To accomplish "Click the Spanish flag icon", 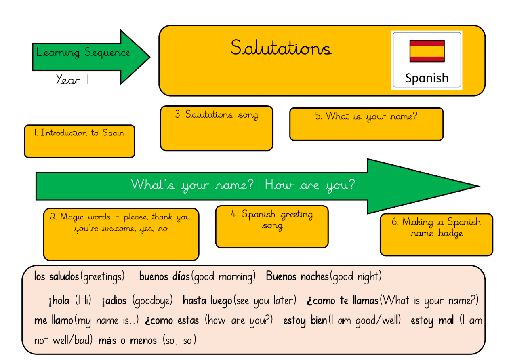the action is pyautogui.click(x=427, y=51).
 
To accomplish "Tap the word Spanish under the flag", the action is pyautogui.click(x=427, y=78).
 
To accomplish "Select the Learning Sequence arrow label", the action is pyautogui.click(x=83, y=53).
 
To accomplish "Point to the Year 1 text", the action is pyautogui.click(x=72, y=80).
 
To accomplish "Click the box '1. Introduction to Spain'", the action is pyautogui.click(x=80, y=141).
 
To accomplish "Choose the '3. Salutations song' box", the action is pyautogui.click(x=217, y=128).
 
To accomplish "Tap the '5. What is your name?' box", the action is pyautogui.click(x=366, y=124).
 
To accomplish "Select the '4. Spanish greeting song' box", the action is pyautogui.click(x=272, y=227).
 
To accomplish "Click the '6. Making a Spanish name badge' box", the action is pyautogui.click(x=436, y=234).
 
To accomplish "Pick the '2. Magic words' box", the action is pyautogui.click(x=121, y=234).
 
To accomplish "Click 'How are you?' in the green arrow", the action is pyautogui.click(x=310, y=185).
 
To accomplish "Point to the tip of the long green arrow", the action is pyautogui.click(x=480, y=186).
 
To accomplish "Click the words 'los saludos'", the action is pyautogui.click(x=57, y=277).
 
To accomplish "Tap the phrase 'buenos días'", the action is pyautogui.click(x=164, y=277).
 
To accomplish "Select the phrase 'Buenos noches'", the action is pyautogui.click(x=297, y=277).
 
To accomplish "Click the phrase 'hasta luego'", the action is pyautogui.click(x=208, y=301).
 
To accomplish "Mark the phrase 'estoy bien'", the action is pyautogui.click(x=305, y=321).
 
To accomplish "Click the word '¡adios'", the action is pyautogui.click(x=114, y=301).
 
